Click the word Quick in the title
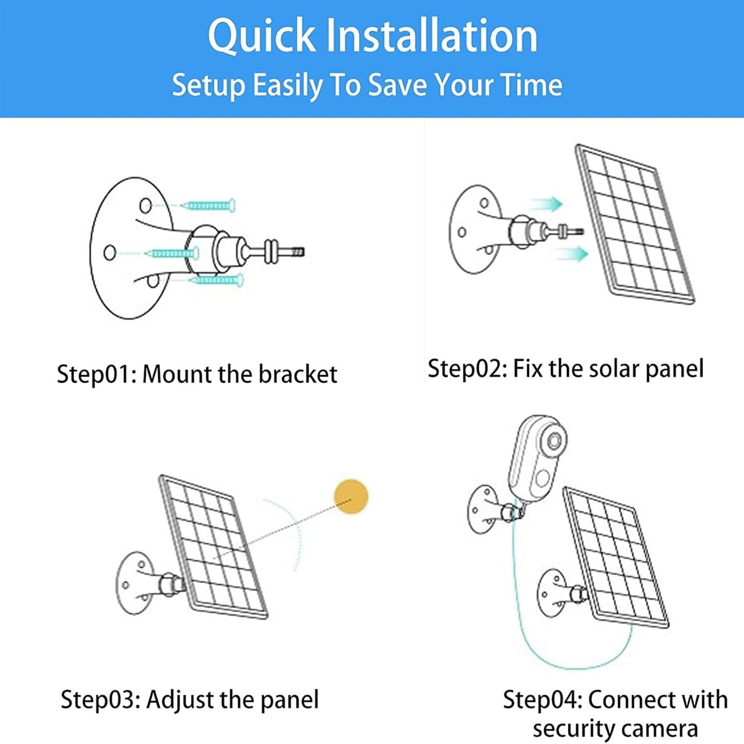click(262, 36)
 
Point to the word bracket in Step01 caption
click(298, 374)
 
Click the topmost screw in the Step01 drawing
click(209, 205)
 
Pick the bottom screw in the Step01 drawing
click(216, 280)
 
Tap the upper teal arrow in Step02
click(547, 204)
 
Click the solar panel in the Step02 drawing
click(634, 224)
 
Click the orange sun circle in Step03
click(351, 496)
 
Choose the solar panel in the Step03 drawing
click(213, 546)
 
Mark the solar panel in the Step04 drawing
click(615, 556)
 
